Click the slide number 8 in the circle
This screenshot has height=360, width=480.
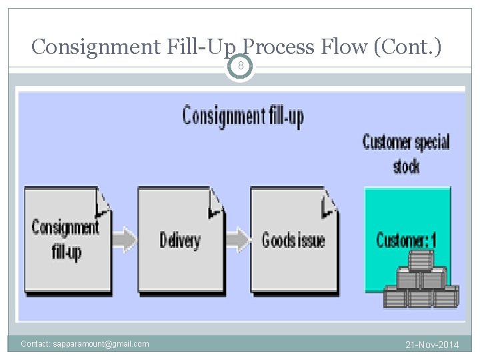(240, 66)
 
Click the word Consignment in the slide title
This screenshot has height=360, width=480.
(95, 47)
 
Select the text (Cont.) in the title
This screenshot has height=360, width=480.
(407, 47)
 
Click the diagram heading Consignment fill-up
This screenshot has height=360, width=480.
(243, 117)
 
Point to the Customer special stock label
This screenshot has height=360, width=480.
(406, 153)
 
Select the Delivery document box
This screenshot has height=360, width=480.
(179, 240)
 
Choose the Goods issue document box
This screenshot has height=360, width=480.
(293, 240)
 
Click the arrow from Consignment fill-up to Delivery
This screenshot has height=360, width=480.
(125, 238)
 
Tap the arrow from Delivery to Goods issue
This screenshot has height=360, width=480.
(237, 238)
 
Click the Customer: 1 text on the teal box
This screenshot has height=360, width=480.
(406, 239)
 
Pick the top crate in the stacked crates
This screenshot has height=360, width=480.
(421, 261)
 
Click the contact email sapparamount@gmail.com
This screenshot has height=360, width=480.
(85, 344)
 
